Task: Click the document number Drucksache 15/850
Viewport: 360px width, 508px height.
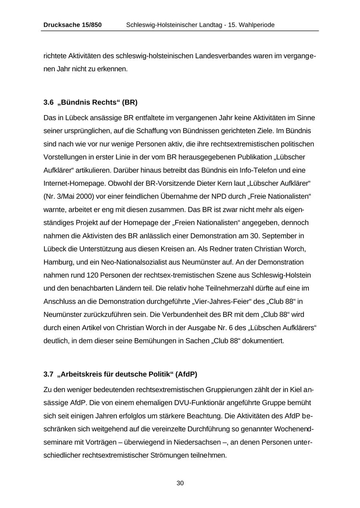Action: [72, 25]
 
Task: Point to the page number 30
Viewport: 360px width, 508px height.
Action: [180, 483]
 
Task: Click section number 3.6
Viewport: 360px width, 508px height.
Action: [48, 102]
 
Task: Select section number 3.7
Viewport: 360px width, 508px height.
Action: [48, 375]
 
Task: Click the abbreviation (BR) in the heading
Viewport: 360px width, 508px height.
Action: [130, 102]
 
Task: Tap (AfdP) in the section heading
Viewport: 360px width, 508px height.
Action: [186, 375]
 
